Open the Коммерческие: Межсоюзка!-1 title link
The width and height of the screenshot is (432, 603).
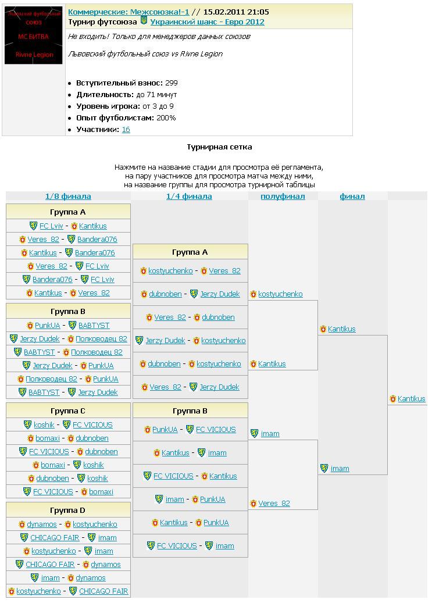pyautogui.click(x=128, y=12)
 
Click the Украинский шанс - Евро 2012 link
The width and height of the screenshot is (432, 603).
pyautogui.click(x=207, y=22)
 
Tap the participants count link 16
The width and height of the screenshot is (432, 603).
pyautogui.click(x=126, y=130)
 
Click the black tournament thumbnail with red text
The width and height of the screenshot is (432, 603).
pyautogui.click(x=33, y=35)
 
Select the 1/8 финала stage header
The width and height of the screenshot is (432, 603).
pyautogui.click(x=68, y=197)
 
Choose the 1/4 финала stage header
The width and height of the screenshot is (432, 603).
pyautogui.click(x=189, y=197)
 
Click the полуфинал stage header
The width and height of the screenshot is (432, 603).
pyautogui.click(x=283, y=197)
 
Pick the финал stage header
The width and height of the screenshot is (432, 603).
pyautogui.click(x=352, y=197)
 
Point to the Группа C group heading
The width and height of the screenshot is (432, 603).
pyautogui.click(x=68, y=411)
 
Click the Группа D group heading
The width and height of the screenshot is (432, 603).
pyautogui.click(x=68, y=511)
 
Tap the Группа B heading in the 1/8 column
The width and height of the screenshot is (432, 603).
pyautogui.click(x=68, y=311)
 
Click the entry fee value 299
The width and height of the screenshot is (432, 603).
pyautogui.click(x=171, y=83)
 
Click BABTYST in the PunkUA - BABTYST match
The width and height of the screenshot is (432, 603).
pyautogui.click(x=94, y=326)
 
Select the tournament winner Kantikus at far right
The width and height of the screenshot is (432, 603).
pyautogui.click(x=411, y=399)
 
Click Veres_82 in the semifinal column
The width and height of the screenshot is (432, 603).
pyautogui.click(x=274, y=504)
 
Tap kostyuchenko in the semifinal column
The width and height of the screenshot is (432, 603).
pyautogui.click(x=280, y=294)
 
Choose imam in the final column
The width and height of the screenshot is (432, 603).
pyautogui.click(x=340, y=469)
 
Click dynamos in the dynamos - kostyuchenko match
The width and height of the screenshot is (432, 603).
pyautogui.click(x=42, y=524)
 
